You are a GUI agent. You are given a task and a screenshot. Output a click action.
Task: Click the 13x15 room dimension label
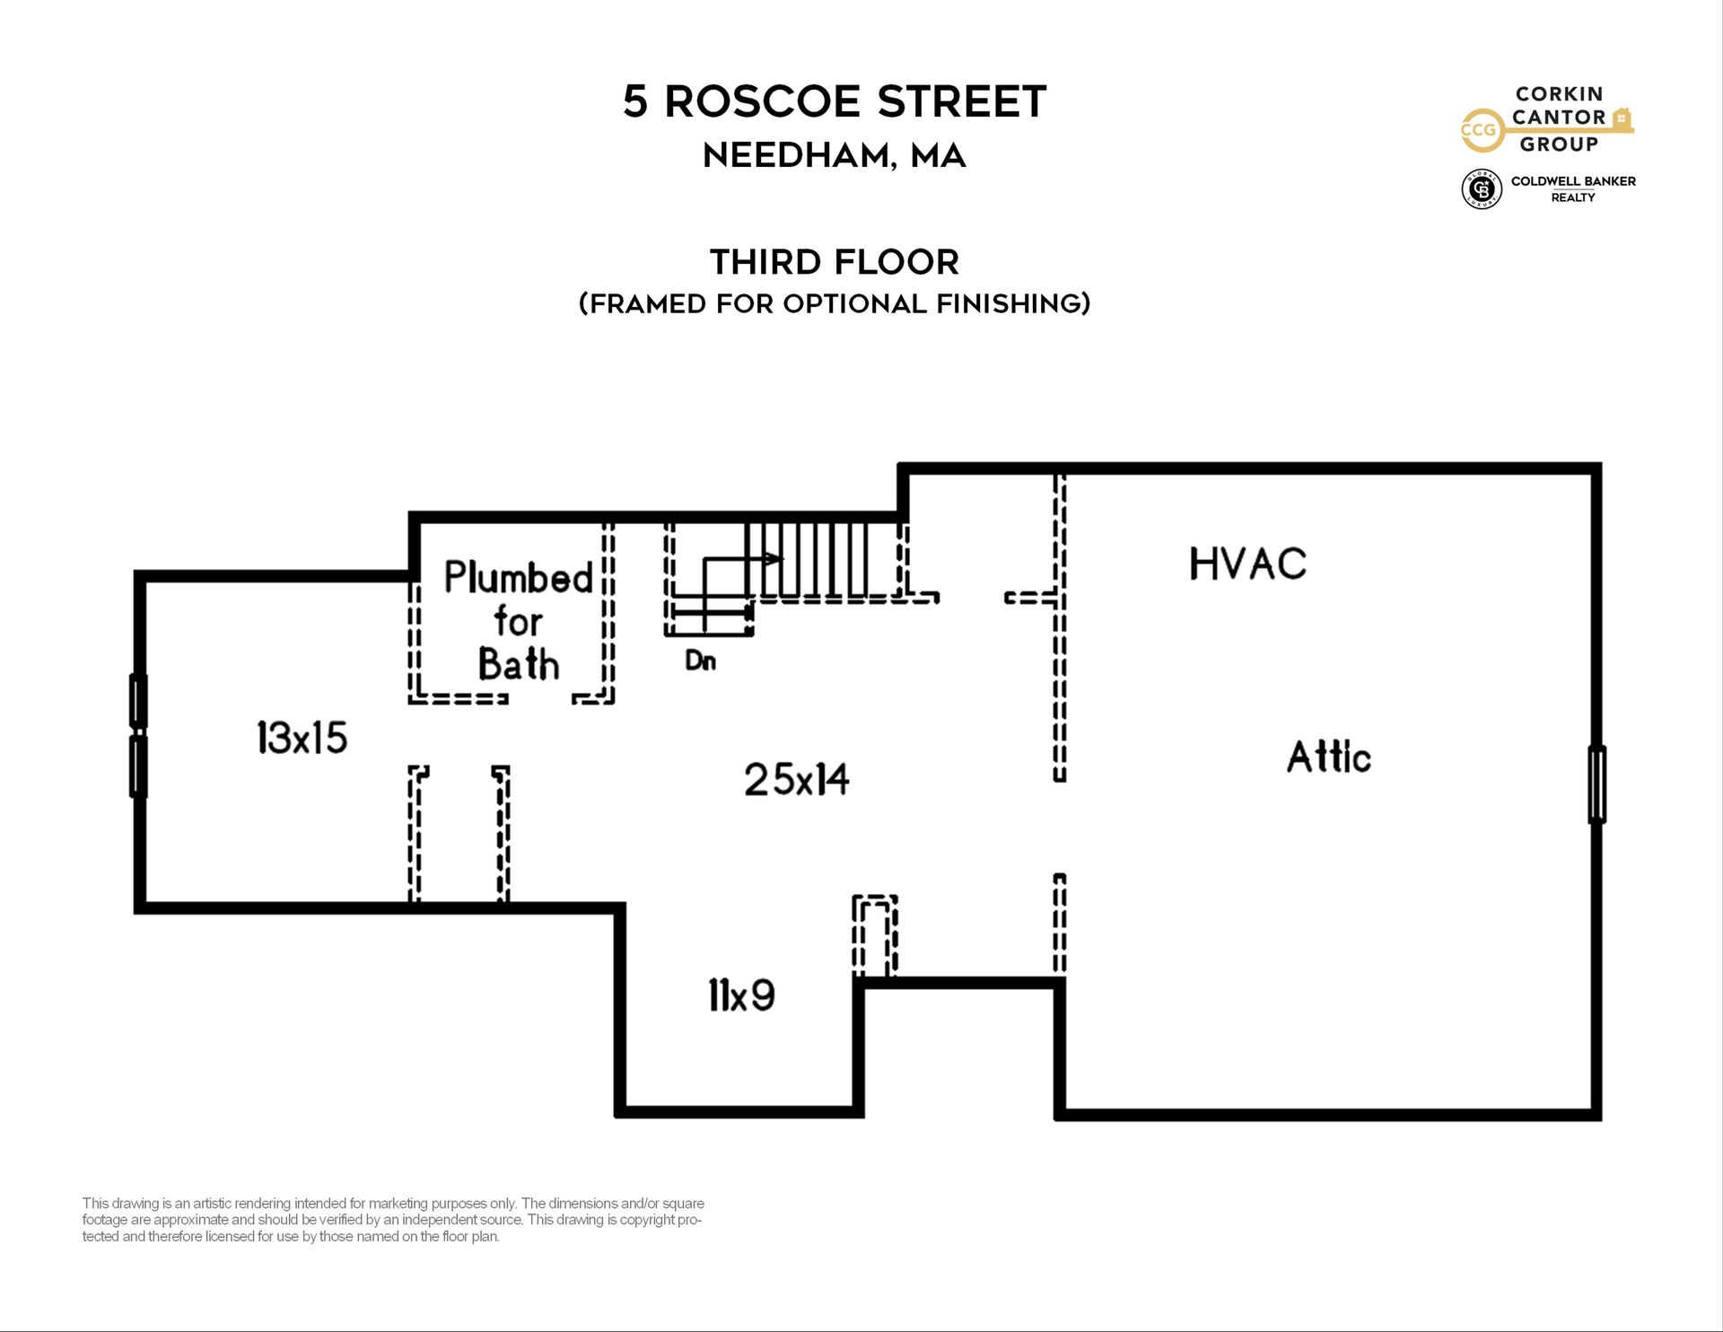click(x=302, y=738)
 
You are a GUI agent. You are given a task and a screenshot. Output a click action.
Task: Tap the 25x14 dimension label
click(x=796, y=779)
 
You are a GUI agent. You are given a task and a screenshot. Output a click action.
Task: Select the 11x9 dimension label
click(x=741, y=995)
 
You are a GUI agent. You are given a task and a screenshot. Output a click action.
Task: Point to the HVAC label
click(x=1247, y=564)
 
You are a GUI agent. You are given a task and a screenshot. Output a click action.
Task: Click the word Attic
click(x=1328, y=757)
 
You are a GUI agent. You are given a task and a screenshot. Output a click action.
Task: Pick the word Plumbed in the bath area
click(x=519, y=577)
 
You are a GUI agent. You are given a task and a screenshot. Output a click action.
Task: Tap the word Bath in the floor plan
click(x=519, y=664)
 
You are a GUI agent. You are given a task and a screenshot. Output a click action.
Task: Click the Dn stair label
click(x=700, y=661)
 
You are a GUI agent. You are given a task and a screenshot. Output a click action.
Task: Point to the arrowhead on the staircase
click(x=774, y=558)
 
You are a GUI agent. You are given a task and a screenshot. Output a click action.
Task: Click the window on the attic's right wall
click(x=1596, y=784)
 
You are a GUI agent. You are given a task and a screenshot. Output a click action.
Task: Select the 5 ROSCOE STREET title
click(x=835, y=101)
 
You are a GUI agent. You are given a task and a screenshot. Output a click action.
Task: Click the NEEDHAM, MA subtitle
click(x=835, y=155)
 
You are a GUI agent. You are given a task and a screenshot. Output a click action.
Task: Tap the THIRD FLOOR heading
click(x=835, y=262)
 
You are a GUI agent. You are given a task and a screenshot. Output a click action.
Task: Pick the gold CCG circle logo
click(x=1479, y=130)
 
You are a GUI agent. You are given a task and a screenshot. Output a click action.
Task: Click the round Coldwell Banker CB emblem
click(x=1482, y=188)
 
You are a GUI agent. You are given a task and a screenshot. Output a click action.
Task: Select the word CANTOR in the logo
click(x=1559, y=118)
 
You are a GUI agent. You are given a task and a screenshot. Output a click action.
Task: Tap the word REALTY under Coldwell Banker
click(x=1573, y=197)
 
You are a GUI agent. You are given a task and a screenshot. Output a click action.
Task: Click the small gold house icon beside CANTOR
click(x=1621, y=118)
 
